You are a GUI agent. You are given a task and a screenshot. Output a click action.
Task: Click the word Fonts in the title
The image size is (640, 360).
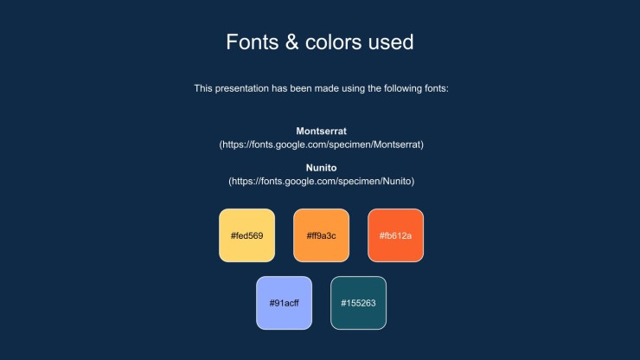click(253, 42)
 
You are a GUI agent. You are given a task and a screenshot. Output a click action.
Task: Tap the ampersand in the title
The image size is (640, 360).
click(291, 42)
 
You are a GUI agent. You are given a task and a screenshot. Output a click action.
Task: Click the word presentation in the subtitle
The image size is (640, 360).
click(241, 88)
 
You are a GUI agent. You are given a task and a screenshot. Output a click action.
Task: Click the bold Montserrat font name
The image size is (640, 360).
click(321, 132)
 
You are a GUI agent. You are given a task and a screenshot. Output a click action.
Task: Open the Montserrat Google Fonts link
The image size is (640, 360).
click(321, 145)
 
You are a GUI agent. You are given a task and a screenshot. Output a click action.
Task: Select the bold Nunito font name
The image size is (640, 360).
click(321, 168)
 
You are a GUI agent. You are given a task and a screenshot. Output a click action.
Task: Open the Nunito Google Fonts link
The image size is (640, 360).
click(321, 182)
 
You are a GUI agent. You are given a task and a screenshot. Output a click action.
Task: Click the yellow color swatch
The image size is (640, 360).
click(247, 235)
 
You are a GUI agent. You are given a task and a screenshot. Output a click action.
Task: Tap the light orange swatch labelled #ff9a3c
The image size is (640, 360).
click(321, 235)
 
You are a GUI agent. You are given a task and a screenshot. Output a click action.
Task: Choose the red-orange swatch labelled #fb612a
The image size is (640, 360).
click(395, 235)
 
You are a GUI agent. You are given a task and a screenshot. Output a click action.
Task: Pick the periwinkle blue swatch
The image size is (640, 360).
click(284, 303)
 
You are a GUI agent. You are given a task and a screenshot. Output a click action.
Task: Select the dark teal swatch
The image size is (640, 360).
click(358, 303)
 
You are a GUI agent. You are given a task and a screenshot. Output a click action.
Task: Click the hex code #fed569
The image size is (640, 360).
click(247, 235)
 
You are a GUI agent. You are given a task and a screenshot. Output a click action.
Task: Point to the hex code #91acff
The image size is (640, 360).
click(284, 303)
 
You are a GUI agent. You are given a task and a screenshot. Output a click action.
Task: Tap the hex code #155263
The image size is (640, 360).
click(358, 303)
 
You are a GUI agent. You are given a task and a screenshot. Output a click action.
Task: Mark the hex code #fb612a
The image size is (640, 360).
click(395, 235)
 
